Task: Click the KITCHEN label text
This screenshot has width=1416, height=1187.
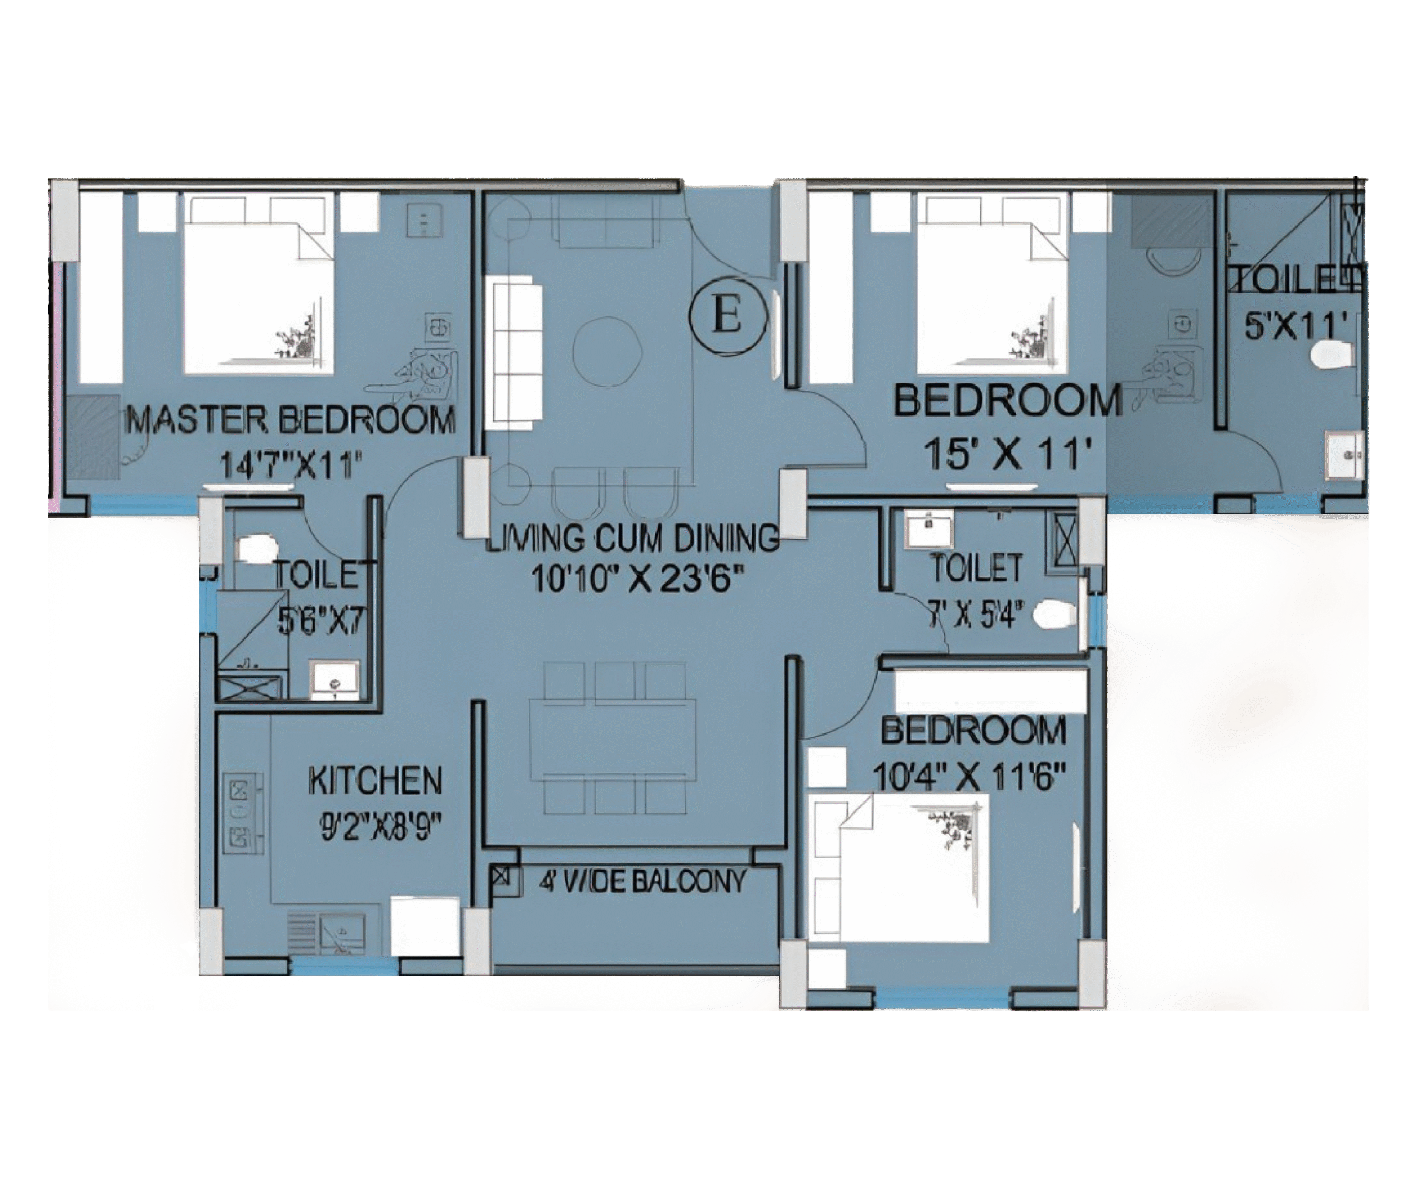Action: click(x=376, y=780)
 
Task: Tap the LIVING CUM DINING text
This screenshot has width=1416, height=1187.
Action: click(x=632, y=538)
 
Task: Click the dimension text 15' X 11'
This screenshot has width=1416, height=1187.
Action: click(x=1008, y=453)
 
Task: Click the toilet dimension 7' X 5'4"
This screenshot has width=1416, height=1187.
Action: click(x=976, y=615)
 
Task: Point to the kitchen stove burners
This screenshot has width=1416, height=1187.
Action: click(x=240, y=814)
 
